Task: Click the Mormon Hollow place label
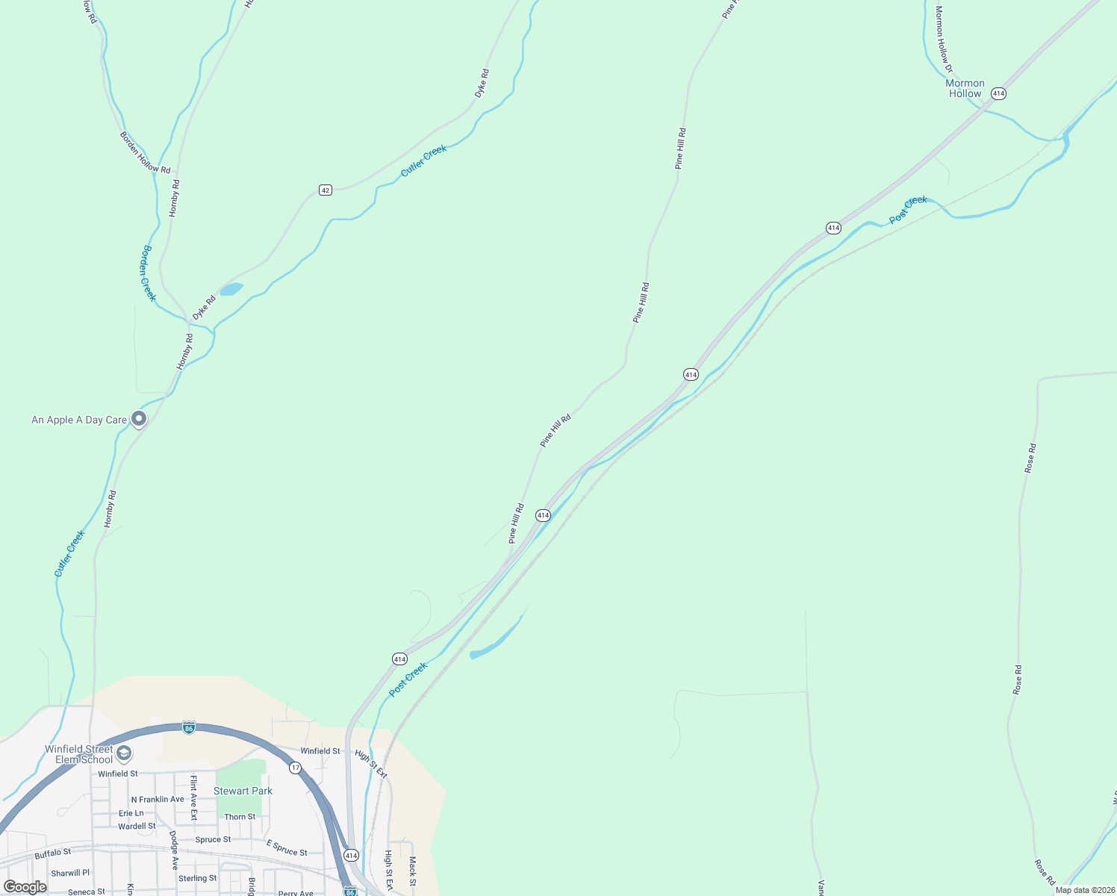(x=965, y=89)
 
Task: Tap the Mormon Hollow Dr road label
(x=944, y=40)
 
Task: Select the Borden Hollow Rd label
(x=145, y=153)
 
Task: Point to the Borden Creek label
(x=149, y=273)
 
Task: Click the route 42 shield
(x=325, y=190)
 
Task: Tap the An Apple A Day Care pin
(x=139, y=419)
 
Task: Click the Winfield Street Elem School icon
(x=124, y=753)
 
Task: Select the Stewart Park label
(x=243, y=791)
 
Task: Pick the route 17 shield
(x=296, y=768)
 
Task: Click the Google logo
(x=25, y=887)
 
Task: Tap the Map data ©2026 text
(x=1084, y=890)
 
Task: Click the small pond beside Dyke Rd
(x=231, y=289)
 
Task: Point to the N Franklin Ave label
(x=158, y=800)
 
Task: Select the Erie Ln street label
(x=131, y=813)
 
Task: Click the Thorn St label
(x=240, y=817)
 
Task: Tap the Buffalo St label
(x=53, y=853)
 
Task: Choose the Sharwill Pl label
(x=70, y=873)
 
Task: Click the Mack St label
(x=412, y=867)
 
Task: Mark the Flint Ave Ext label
(x=193, y=797)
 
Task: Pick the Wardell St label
(x=137, y=827)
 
